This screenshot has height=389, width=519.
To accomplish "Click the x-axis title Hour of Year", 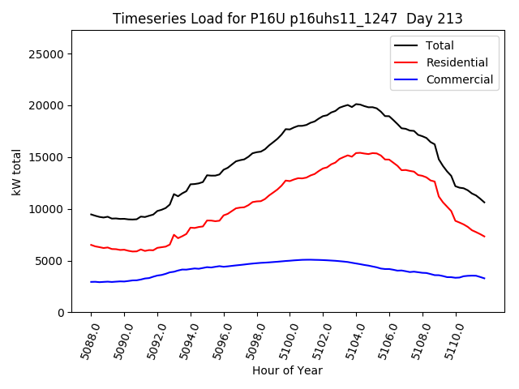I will pyautogui.click(x=288, y=371).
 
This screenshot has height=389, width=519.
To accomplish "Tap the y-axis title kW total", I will pyautogui.click(x=16, y=171).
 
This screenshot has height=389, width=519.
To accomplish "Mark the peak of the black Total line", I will pyautogui.click(x=356, y=104).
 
